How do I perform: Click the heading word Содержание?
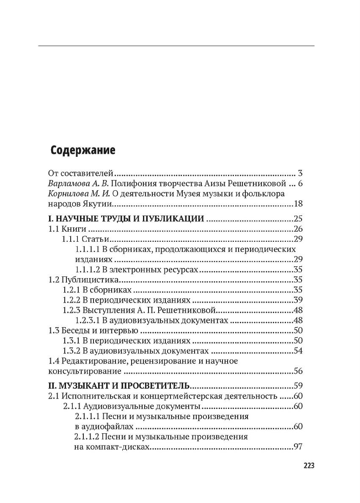[x=83, y=150]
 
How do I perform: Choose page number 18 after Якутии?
[x=299, y=204]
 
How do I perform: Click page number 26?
[x=299, y=229]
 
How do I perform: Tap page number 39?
[x=299, y=300]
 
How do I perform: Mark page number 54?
[x=299, y=351]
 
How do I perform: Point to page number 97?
[x=299, y=447]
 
